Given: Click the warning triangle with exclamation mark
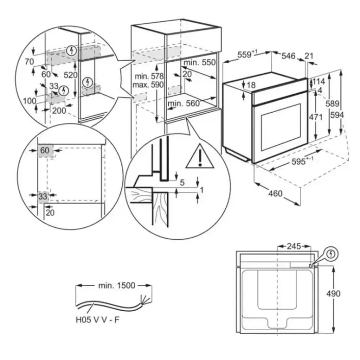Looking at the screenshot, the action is tap(200, 156).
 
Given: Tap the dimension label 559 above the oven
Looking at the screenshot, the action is tap(244, 55).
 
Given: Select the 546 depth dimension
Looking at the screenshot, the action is tap(289, 56).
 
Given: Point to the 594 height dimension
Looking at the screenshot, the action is tap(337, 115).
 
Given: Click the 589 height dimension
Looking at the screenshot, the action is tap(332, 104).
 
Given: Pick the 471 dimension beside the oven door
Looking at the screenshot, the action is tap(316, 117).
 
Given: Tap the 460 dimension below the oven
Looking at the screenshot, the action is tap(275, 193).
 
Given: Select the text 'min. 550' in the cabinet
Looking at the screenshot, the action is tap(200, 62).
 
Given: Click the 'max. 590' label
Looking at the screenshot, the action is tap(148, 85).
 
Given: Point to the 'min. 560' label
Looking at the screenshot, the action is tap(184, 103).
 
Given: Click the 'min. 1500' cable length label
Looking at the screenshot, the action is tap(117, 285).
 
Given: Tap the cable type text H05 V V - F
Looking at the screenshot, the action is tap(98, 319).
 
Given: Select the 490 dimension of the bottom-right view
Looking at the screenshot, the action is tap(333, 294).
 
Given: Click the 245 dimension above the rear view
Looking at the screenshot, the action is tap(294, 246).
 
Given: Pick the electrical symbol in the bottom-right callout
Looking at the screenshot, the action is tap(331, 254).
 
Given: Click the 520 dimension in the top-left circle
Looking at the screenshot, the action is tap(70, 75).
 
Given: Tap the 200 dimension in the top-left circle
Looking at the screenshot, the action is tap(59, 111).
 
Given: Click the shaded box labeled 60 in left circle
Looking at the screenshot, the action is tap(45, 151).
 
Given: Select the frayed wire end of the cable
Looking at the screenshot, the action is tap(144, 300).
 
